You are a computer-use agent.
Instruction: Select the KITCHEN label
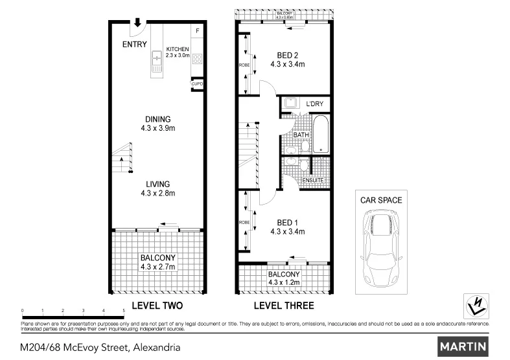pyautogui.click(x=177, y=49)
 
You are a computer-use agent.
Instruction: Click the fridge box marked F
pyautogui.click(x=198, y=31)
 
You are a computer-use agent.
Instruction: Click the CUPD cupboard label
pyautogui.click(x=197, y=84)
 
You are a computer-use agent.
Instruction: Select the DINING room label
pyautogui.click(x=157, y=119)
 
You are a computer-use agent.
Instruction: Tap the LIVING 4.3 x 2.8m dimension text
pyautogui.click(x=157, y=193)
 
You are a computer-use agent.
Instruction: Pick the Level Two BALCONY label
pyautogui.click(x=157, y=257)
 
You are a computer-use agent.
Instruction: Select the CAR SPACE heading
pyautogui.click(x=380, y=200)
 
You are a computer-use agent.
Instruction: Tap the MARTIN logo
pyautogui.click(x=463, y=346)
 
